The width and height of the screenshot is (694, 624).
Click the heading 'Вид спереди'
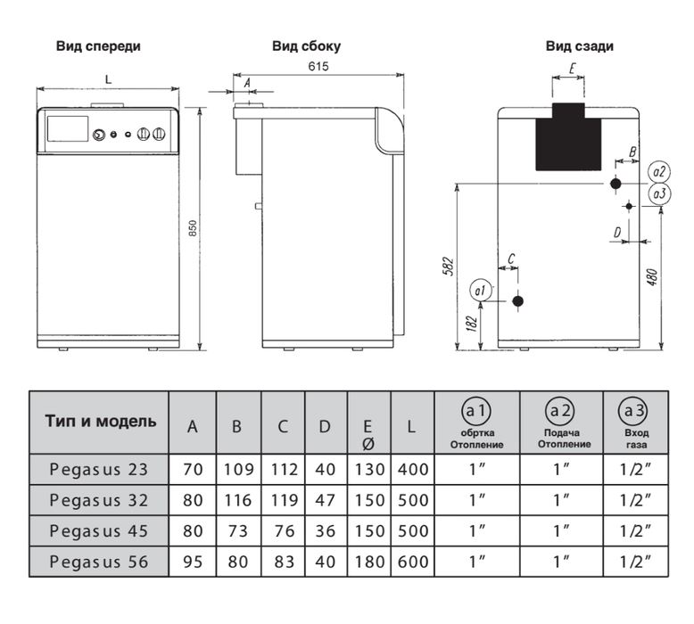tap(98, 45)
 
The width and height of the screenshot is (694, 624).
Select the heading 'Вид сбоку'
tap(306, 45)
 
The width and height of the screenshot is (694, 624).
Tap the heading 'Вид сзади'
tap(580, 45)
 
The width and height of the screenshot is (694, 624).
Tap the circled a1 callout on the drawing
tap(479, 291)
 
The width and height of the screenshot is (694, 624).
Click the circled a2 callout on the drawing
tap(660, 171)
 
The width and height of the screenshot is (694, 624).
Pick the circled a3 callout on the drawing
tap(660, 193)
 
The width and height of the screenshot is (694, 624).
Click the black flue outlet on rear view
tap(571, 138)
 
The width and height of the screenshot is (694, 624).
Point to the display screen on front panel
tap(66, 127)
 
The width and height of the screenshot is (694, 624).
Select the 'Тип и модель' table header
tap(100, 422)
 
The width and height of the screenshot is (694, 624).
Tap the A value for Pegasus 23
tap(193, 468)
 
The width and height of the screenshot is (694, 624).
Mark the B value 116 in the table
tap(236, 500)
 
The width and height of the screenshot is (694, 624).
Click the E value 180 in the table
tap(368, 562)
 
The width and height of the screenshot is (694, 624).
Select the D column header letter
tap(325, 427)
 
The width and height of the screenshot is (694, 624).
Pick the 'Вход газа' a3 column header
tap(637, 423)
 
